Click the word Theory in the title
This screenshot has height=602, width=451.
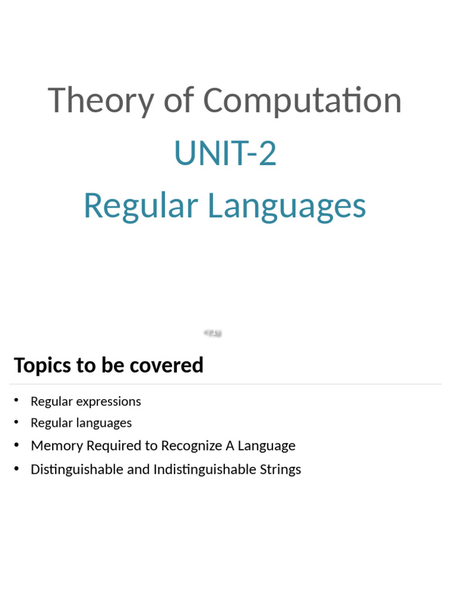pyautogui.click(x=100, y=101)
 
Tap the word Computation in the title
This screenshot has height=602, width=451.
pyautogui.click(x=302, y=101)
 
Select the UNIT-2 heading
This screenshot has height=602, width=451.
pyautogui.click(x=225, y=153)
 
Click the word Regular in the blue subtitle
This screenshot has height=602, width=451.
pyautogui.click(x=140, y=206)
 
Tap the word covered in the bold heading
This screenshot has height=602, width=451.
pyautogui.click(x=174, y=365)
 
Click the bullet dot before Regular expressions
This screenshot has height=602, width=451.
pyautogui.click(x=17, y=400)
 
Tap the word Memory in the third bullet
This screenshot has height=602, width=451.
pyautogui.click(x=57, y=446)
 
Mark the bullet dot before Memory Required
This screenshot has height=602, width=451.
pyautogui.click(x=17, y=444)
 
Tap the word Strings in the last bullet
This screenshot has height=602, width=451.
pyautogui.click(x=281, y=469)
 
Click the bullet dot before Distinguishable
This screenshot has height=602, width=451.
pyautogui.click(x=17, y=468)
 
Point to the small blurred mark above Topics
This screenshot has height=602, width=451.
pyautogui.click(x=213, y=333)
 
